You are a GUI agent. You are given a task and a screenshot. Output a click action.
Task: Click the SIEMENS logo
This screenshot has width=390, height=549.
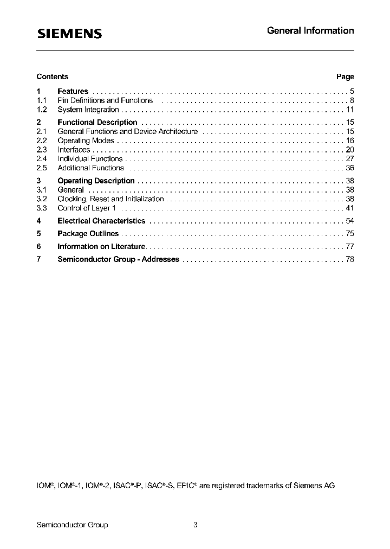pyautogui.click(x=69, y=34)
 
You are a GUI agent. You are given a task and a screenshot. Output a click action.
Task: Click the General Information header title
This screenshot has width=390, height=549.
pyautogui.click(x=310, y=31)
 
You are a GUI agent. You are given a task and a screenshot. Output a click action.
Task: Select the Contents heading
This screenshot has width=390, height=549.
pyautogui.click(x=53, y=76)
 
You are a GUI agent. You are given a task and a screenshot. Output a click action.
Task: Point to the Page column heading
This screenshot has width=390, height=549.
pyautogui.click(x=345, y=76)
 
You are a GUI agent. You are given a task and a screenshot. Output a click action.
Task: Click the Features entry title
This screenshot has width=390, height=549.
pyautogui.click(x=73, y=91)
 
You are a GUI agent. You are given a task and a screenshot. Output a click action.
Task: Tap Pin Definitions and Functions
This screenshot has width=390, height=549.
pyautogui.click(x=105, y=100)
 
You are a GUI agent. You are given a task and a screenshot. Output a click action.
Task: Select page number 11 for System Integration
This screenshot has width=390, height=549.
pyautogui.click(x=350, y=110)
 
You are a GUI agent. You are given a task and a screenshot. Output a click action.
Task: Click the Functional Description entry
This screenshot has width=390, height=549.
pyautogui.click(x=97, y=123)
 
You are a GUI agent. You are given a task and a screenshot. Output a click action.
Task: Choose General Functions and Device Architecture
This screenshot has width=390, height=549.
pyautogui.click(x=127, y=132)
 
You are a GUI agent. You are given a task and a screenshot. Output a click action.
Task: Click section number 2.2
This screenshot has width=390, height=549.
pyautogui.click(x=42, y=141)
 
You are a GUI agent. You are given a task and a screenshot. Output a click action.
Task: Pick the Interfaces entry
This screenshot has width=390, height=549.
pyautogui.click(x=74, y=150)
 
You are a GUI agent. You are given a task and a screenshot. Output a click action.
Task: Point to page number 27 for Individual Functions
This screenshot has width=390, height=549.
pyautogui.click(x=349, y=159)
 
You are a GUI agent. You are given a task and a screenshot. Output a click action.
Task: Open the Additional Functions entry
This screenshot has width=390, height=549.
pyautogui.click(x=90, y=168)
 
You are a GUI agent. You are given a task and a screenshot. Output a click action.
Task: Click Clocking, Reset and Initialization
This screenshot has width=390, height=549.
pyautogui.click(x=110, y=199)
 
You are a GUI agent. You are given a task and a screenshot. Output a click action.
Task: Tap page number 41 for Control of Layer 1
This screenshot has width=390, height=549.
pyautogui.click(x=349, y=208)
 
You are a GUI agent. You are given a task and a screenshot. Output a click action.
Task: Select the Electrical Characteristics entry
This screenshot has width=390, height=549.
pyautogui.click(x=101, y=221)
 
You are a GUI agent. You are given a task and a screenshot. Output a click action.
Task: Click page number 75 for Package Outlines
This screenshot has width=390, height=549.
pyautogui.click(x=349, y=234)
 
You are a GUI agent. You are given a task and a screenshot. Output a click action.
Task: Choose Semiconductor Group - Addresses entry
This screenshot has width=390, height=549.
pyautogui.click(x=118, y=259)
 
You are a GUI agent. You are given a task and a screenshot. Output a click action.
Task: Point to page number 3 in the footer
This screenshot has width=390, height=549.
pyautogui.click(x=196, y=525)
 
